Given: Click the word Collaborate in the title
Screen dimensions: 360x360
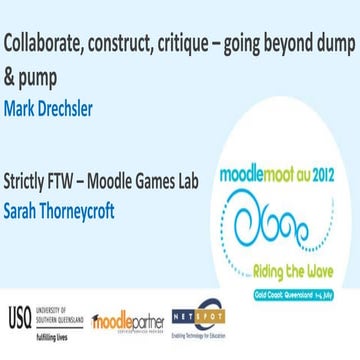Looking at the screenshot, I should (x=39, y=44).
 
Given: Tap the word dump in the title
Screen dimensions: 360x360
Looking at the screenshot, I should (x=328, y=44).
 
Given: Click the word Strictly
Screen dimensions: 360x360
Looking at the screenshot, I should (x=29, y=183).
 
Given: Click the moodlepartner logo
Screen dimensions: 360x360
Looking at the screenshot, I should (x=128, y=321).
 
